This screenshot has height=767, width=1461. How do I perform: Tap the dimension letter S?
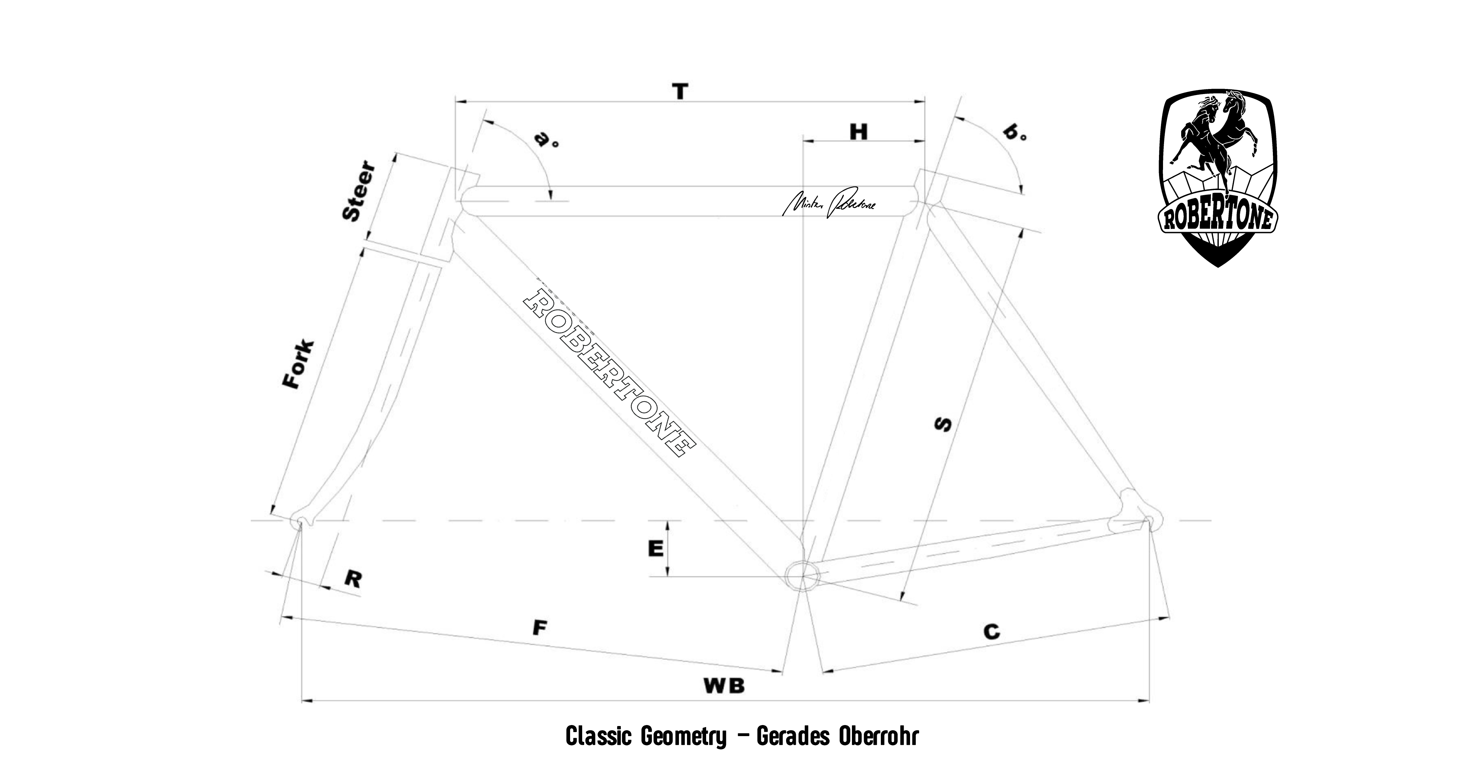click(943, 424)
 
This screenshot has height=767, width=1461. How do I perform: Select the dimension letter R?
click(353, 579)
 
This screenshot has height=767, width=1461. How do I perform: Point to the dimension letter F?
click(540, 628)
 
